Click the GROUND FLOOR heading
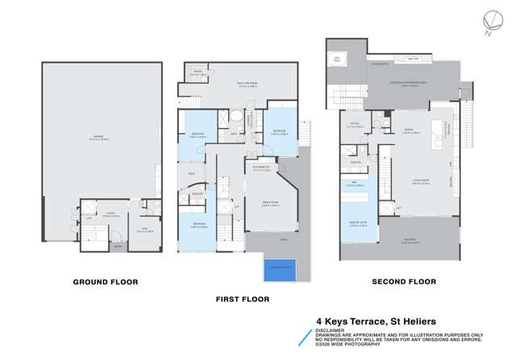(x=105, y=282)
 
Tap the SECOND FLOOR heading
(x=403, y=282)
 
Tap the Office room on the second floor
(x=355, y=126)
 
